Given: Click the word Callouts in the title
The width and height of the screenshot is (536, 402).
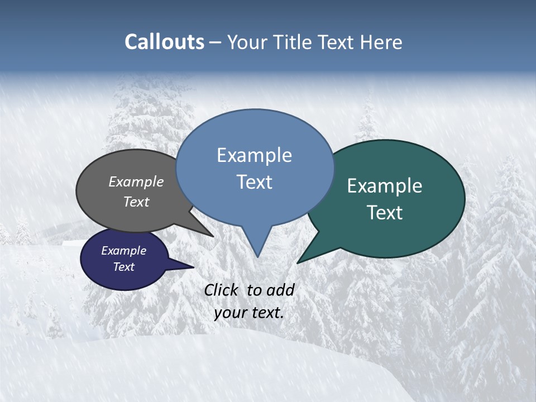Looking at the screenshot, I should pos(164,42).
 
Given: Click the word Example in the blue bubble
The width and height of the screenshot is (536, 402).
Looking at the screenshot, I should pos(254,155).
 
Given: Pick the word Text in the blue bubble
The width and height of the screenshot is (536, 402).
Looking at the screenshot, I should pos(254,182).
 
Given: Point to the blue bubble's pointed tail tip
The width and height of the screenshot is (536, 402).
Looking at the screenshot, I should pos(257,256).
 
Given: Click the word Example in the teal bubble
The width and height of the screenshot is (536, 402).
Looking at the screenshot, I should pos(385,186).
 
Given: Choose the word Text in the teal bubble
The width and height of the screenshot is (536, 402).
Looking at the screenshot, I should pos(385,213).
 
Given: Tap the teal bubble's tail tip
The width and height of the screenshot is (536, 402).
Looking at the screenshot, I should pos(298,262).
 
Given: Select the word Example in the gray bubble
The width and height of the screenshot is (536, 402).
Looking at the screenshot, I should pos(136,181).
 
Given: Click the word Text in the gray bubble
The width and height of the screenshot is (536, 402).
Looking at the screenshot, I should pos(136,202).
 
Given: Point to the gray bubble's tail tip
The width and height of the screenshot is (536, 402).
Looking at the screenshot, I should pos(213,237).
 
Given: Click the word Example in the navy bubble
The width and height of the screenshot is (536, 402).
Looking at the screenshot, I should pos(123,251).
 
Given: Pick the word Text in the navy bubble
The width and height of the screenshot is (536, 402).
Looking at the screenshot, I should pos(123,267).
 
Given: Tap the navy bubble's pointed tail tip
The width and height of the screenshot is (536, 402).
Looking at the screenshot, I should pos(194,267).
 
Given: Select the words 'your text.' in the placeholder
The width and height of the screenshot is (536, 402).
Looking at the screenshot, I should pos(249,313).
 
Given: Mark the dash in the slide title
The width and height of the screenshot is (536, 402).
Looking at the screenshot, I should pos(216,42).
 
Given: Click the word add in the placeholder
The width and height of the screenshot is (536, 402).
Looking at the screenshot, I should pos(280,290).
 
